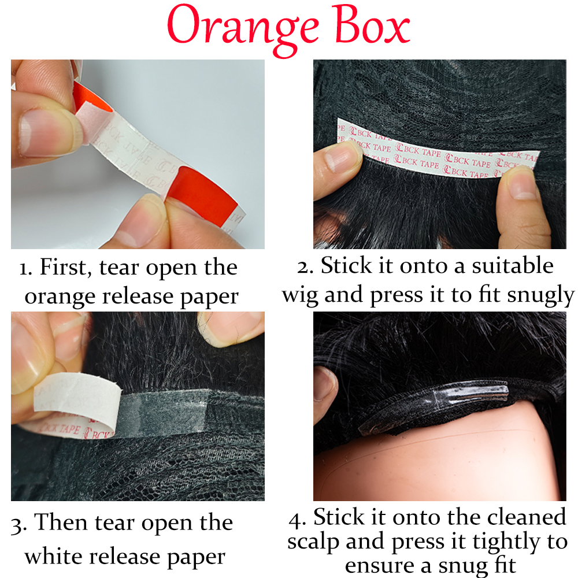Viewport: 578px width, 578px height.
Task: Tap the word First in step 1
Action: pyautogui.click(x=65, y=267)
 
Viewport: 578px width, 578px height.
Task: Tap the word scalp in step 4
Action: pyautogui.click(x=313, y=543)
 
